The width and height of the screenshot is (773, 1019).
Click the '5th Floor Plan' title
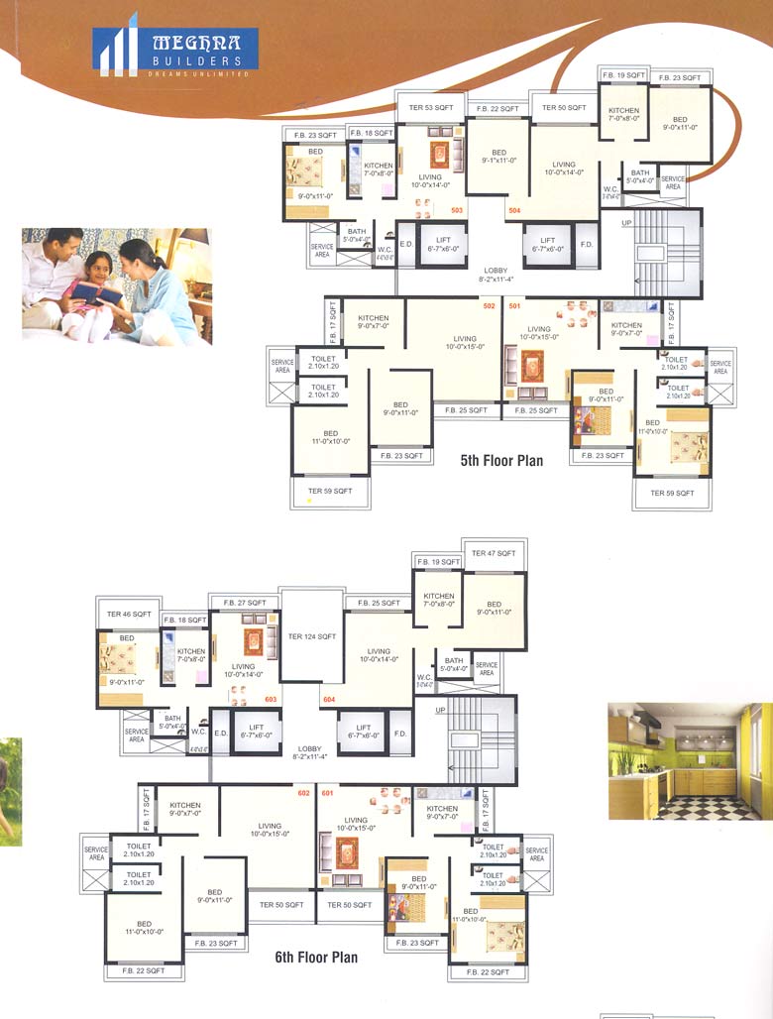point(500,461)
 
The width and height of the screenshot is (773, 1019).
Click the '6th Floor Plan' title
point(316,958)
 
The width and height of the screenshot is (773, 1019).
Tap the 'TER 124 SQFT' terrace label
point(311,636)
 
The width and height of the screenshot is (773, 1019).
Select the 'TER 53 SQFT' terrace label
point(426,107)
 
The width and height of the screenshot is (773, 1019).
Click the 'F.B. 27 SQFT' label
point(244,602)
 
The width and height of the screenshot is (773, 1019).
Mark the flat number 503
point(457,210)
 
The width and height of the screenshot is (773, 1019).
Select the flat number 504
point(514,211)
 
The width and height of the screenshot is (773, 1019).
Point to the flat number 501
point(514,306)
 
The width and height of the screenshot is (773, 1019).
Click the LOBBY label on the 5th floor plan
point(496,271)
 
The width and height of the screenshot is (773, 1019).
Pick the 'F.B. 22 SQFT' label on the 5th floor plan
point(497,108)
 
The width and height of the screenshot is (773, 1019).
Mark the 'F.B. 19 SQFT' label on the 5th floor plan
point(623,75)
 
